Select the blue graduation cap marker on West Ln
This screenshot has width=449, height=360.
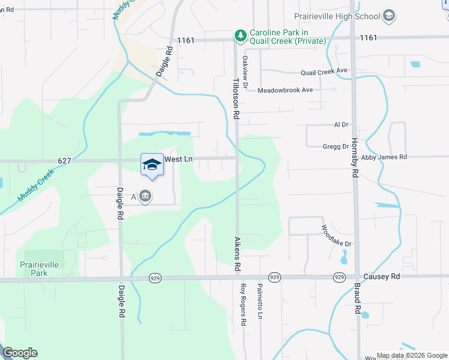tap(152, 164)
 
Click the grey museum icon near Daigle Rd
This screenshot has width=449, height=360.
tap(145, 196)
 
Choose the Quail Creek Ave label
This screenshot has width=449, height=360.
tap(324, 71)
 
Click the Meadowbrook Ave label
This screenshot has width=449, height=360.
tap(285, 90)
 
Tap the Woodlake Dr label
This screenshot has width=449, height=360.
tap(336, 236)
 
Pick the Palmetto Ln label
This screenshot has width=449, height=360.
tap(261, 302)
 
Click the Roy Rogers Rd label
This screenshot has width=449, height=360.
tap(244, 305)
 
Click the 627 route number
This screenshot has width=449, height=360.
tap(65, 160)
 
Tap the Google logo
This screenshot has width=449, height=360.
tap(20, 353)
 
